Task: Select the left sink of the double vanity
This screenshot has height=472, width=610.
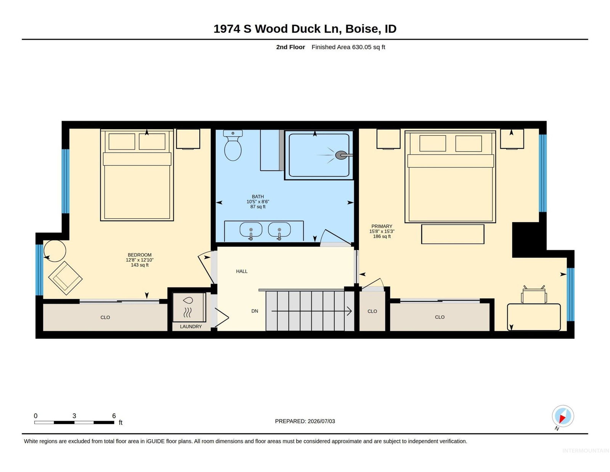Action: pos(251,231)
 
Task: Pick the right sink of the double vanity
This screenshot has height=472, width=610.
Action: pos(279,231)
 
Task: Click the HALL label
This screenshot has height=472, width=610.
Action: pos(242,271)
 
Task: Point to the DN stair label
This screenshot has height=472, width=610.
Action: pos(255,311)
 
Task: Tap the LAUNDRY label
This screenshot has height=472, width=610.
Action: pos(191,327)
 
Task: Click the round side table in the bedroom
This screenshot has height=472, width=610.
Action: pos(55,251)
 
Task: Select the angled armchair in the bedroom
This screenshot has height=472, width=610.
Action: pos(66,278)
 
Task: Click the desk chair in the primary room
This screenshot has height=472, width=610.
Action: pos(534,295)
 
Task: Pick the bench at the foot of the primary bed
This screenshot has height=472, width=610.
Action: pos(453,234)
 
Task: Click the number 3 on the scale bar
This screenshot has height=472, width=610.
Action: pos(74,416)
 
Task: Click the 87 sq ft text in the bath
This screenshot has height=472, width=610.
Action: pos(258,207)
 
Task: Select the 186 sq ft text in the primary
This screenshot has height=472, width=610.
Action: pos(382,237)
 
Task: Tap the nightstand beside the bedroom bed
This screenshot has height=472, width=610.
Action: pos(188,139)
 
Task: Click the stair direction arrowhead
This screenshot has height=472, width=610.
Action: pos(350,311)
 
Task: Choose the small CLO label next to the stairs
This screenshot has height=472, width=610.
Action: pos(372,311)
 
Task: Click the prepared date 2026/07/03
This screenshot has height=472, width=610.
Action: pos(321,421)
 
